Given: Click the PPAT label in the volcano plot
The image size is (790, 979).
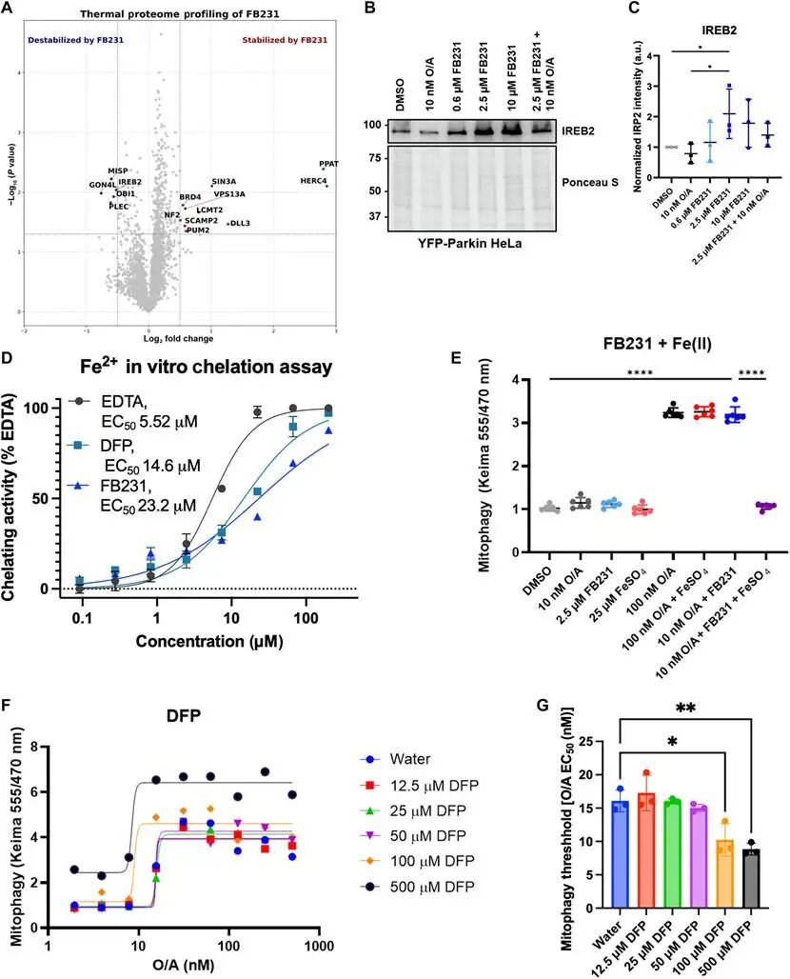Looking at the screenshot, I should click(329, 163).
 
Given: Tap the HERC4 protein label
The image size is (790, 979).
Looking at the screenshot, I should click(313, 180).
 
